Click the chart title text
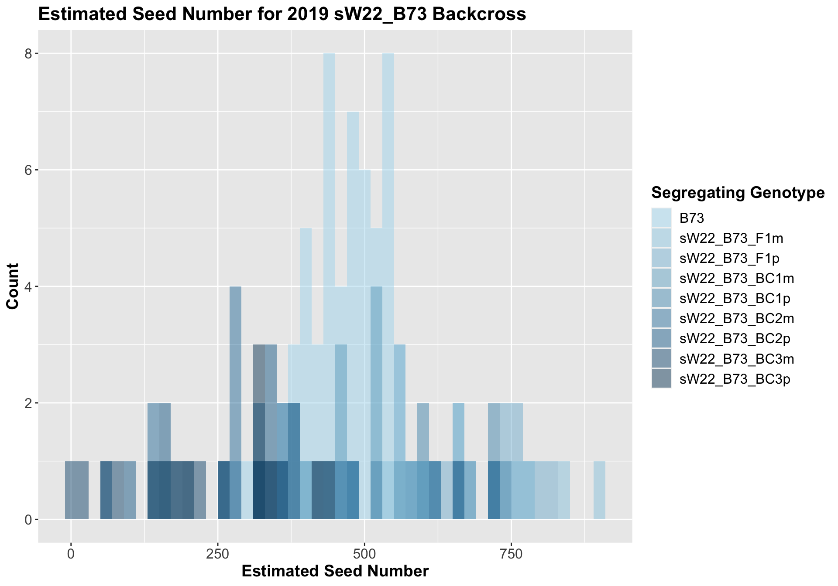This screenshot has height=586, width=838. pos(282,14)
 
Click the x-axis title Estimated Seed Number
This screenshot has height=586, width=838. pos(335,571)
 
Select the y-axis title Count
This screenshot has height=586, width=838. pos(13,286)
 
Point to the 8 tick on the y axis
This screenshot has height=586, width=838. pos(29,54)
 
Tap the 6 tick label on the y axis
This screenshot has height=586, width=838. pos(29,170)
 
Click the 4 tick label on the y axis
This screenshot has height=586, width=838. pos(29,286)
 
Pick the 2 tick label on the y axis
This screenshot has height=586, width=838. pos(29,403)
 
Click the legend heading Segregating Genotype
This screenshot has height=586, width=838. pos(738,192)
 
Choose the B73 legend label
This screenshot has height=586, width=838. pos(692,217)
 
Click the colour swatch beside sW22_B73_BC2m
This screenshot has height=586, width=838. pos(661,319)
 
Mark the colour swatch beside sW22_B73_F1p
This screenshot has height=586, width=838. pos(661,258)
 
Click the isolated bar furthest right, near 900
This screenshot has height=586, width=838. pos(599,490)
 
